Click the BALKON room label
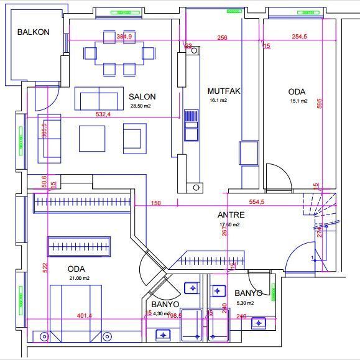click(33, 32)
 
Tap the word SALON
click(142, 96)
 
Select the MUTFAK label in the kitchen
click(224, 91)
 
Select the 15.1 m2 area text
click(298, 101)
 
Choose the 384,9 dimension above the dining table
click(124, 37)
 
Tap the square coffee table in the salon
click(92, 138)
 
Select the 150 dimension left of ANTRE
click(155, 203)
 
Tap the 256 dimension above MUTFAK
click(222, 38)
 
